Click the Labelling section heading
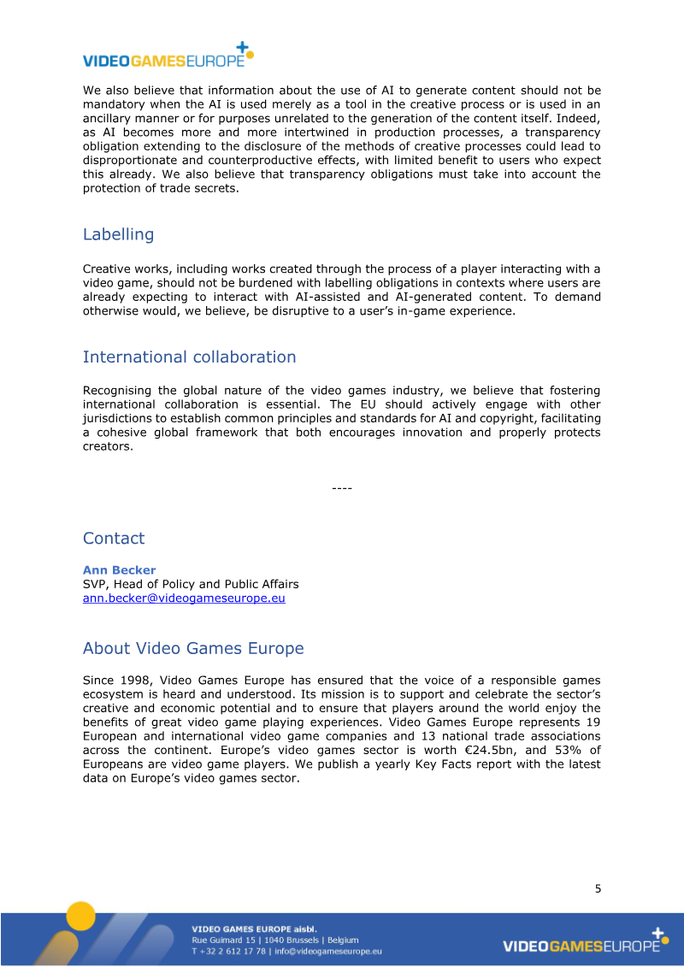click(x=118, y=234)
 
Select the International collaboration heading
click(x=189, y=357)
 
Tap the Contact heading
click(x=114, y=539)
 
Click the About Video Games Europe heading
click(x=193, y=649)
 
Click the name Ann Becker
click(x=119, y=570)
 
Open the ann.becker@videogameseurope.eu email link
click(x=184, y=598)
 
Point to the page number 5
click(x=598, y=888)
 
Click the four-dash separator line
click(x=342, y=488)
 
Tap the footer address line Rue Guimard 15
click(x=274, y=940)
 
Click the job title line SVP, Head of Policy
click(x=191, y=585)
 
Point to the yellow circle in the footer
click(x=82, y=917)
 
